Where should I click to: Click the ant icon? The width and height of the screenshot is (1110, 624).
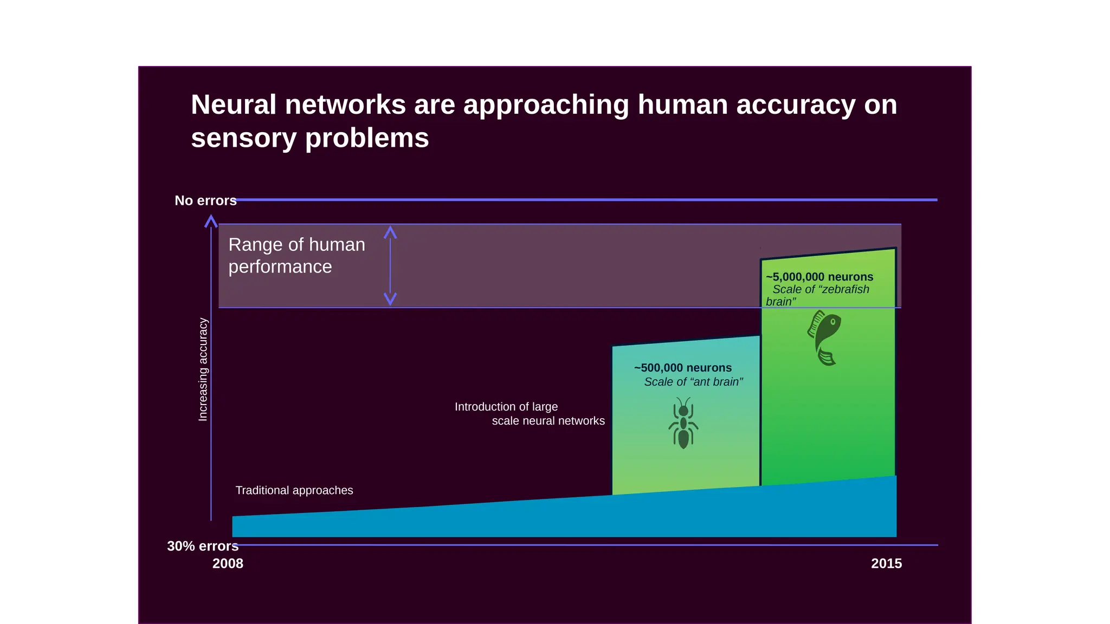[683, 423]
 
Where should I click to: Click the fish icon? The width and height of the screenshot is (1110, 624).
[824, 337]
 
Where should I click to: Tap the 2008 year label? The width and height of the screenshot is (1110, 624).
[228, 563]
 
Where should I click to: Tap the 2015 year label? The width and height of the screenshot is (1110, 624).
[886, 563]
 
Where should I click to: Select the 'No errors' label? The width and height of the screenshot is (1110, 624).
[205, 200]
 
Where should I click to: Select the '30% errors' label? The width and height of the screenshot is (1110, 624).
[203, 546]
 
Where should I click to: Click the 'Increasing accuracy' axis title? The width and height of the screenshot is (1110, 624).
[203, 369]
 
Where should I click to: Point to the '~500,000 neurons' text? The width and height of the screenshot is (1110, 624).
[683, 368]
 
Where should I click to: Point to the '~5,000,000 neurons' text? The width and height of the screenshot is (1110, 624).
[819, 277]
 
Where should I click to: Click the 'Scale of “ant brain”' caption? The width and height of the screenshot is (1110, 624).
[693, 382]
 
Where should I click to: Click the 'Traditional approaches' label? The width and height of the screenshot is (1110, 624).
[294, 490]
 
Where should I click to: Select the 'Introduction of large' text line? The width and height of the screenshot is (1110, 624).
[506, 407]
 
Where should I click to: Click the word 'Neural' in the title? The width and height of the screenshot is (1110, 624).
[234, 105]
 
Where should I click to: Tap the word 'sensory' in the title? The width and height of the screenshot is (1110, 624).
[243, 138]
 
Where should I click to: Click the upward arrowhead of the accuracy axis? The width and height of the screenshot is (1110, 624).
[211, 221]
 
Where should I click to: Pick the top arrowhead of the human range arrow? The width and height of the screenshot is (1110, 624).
[390, 232]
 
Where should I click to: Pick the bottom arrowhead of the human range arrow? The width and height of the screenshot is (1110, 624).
[390, 299]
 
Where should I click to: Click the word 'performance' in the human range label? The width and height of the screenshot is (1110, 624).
[280, 266]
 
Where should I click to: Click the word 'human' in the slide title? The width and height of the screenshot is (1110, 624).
[682, 105]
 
